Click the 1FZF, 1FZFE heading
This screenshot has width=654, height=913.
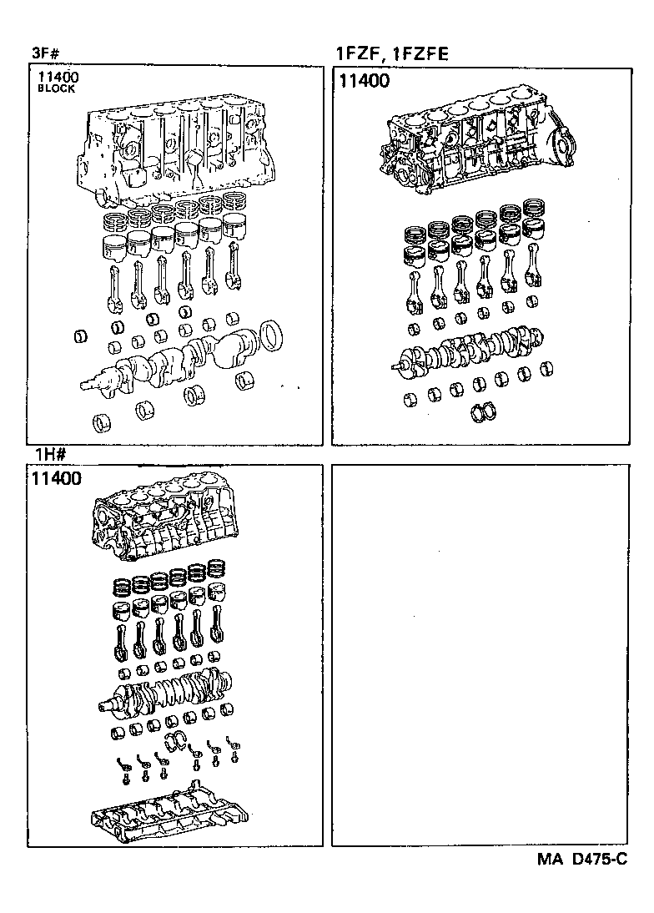[391, 55]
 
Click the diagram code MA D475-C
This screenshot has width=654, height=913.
[575, 858]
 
